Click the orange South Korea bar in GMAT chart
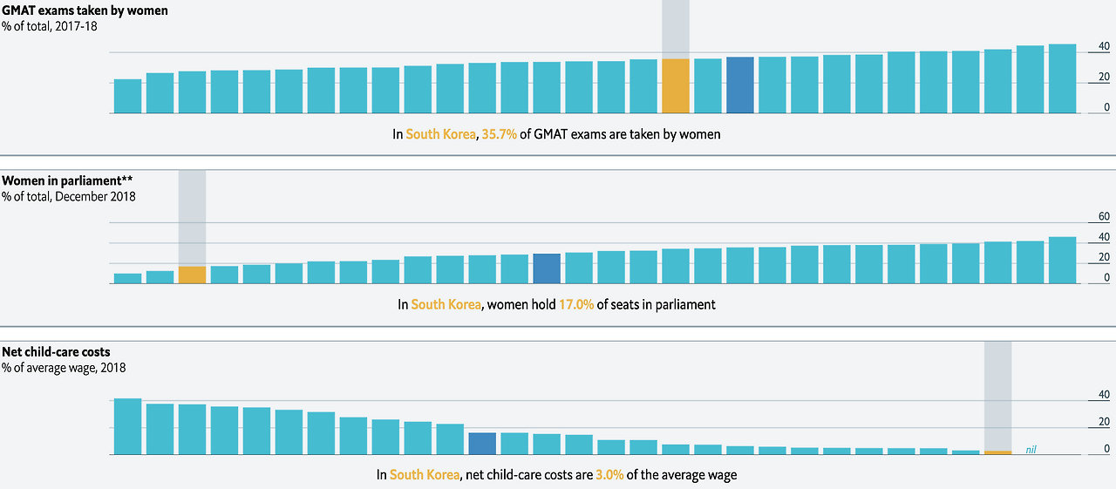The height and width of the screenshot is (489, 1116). [x=676, y=85]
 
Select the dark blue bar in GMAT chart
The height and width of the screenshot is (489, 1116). [x=740, y=85]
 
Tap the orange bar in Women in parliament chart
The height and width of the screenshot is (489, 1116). [x=192, y=275]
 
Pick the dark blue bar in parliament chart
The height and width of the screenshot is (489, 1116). [x=547, y=268]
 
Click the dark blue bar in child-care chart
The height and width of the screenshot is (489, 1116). [x=482, y=444]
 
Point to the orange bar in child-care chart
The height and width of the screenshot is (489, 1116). [x=998, y=452]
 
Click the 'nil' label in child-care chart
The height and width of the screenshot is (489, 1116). [x=1031, y=450]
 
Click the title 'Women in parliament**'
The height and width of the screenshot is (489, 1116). [x=67, y=180]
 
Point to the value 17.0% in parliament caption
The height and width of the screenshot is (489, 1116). [x=577, y=305]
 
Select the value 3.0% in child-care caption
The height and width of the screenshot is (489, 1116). [x=609, y=475]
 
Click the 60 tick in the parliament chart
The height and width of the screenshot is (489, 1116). [x=1079, y=216]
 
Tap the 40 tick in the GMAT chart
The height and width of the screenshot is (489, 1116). [x=1079, y=46]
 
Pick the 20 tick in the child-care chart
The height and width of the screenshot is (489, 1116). [x=1079, y=423]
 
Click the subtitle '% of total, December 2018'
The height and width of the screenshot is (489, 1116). [x=69, y=197]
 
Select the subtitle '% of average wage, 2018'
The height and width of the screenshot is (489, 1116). [x=64, y=368]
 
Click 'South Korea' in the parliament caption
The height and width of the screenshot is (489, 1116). [x=446, y=305]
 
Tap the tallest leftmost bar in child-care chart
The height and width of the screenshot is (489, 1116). [x=127, y=426]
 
